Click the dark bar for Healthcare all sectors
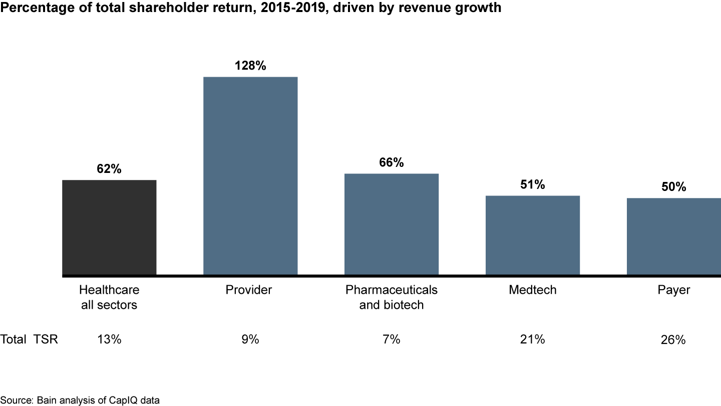pos(109,228)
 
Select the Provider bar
pos(250,176)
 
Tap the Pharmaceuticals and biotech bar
pos(392,225)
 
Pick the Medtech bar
pos(533,236)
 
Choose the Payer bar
pos(674,237)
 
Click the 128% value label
pos(250,65)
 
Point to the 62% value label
pos(109,169)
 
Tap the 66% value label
pos(392,162)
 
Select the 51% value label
pos(533,184)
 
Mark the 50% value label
pos(674,187)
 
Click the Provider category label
pos(249,290)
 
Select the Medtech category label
pos(532,290)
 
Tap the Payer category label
pos(674,290)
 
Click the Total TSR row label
pos(29,339)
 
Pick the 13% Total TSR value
pos(109,339)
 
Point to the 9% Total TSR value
pos(250,339)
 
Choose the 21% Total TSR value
pos(533,339)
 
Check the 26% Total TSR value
pos(674,340)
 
